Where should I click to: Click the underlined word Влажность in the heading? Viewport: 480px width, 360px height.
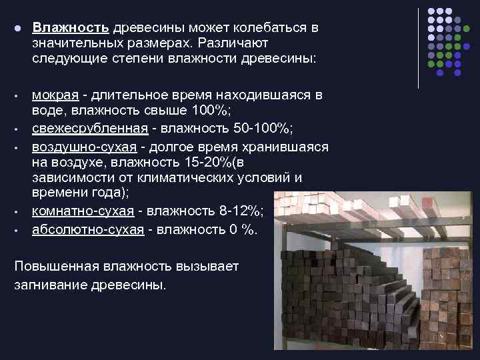[71, 29]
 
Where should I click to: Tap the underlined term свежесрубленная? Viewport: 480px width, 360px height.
[86, 129]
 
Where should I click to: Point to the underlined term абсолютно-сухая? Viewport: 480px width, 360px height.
[88, 229]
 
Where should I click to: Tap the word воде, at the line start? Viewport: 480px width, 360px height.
[47, 111]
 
